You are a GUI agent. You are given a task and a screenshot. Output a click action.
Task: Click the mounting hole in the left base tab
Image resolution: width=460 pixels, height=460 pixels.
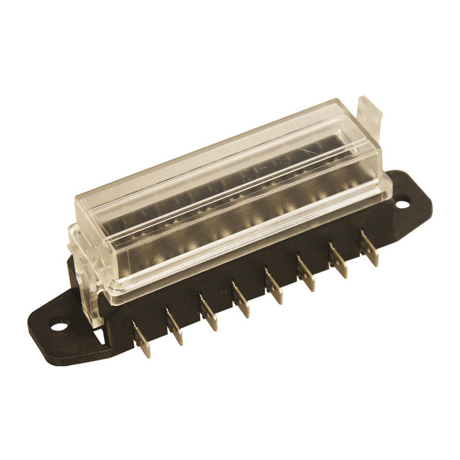58,327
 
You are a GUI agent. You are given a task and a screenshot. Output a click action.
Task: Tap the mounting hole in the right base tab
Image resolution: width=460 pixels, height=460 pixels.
403,202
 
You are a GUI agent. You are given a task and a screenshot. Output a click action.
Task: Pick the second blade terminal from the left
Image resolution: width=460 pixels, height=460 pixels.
174,327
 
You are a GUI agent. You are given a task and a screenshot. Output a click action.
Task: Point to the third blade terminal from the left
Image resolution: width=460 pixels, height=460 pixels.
209,313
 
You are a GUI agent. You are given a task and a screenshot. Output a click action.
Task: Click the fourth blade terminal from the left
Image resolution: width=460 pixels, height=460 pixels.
241,300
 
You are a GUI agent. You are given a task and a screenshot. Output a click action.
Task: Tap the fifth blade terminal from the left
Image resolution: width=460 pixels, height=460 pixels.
274,286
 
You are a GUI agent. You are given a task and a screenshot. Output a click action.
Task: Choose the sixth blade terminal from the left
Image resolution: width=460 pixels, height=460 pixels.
306,274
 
